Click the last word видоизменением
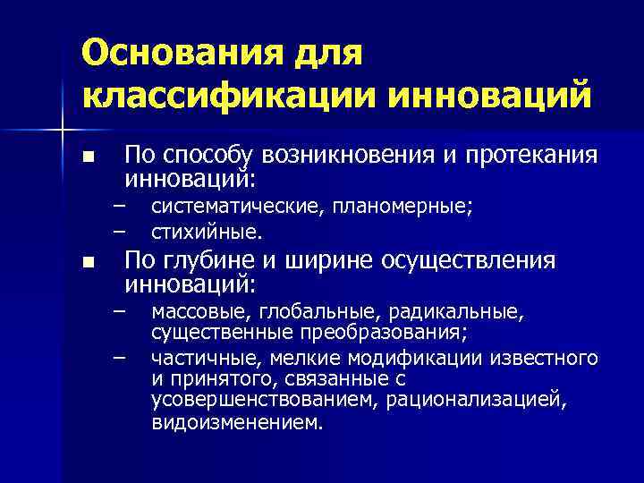pos(235,421)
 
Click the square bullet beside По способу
pos(87,156)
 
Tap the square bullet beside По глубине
pos(87,263)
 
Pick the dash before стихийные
pos(117,231)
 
